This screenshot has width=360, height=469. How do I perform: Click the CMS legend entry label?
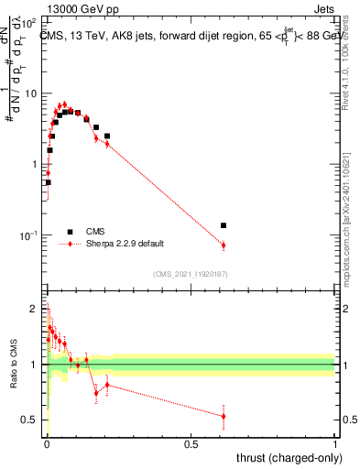click(x=95, y=232)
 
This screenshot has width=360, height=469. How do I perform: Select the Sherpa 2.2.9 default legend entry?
click(x=125, y=244)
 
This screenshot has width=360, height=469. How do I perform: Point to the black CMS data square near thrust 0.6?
click(x=224, y=224)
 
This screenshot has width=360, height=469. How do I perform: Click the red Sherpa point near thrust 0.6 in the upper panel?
click(x=224, y=245)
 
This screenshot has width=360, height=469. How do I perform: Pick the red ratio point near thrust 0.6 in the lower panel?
click(x=224, y=417)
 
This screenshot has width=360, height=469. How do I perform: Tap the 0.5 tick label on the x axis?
click(x=191, y=443)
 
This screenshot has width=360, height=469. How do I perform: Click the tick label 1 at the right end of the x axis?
click(x=335, y=443)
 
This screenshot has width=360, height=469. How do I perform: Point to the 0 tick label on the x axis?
click(x=47, y=443)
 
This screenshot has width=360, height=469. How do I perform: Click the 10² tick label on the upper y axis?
click(x=30, y=21)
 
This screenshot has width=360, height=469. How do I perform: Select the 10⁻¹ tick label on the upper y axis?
click(x=30, y=235)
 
